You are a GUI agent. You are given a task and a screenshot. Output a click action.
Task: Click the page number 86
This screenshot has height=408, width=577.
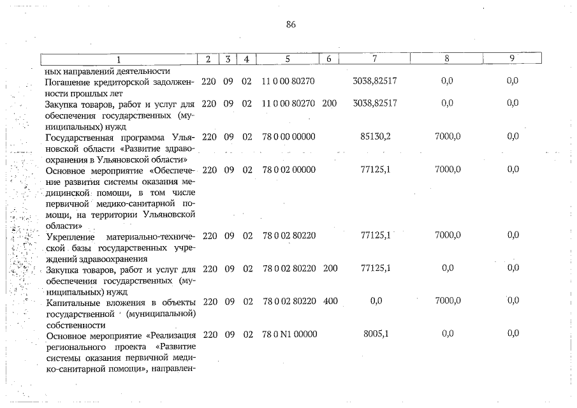[x=291, y=25]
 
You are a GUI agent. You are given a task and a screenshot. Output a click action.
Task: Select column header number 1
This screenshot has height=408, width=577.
[x=118, y=59]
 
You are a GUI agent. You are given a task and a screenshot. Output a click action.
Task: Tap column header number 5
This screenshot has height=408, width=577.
[x=288, y=59]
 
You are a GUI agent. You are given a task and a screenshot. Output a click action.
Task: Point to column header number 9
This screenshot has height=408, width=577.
[x=512, y=59]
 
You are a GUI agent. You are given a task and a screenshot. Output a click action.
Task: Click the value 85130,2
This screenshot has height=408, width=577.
[x=375, y=137]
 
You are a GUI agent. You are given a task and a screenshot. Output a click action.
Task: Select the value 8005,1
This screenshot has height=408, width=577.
[x=375, y=333]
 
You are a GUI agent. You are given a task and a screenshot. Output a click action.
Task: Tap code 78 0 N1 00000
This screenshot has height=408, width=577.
[x=289, y=333]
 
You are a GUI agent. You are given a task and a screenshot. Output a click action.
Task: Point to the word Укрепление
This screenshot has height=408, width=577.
[x=70, y=236]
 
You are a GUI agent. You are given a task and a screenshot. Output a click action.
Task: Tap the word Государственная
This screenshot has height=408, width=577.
[x=82, y=138]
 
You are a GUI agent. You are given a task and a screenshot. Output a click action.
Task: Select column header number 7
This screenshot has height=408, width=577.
[x=375, y=59]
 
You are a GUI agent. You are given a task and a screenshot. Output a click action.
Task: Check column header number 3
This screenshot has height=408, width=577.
[x=228, y=59]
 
